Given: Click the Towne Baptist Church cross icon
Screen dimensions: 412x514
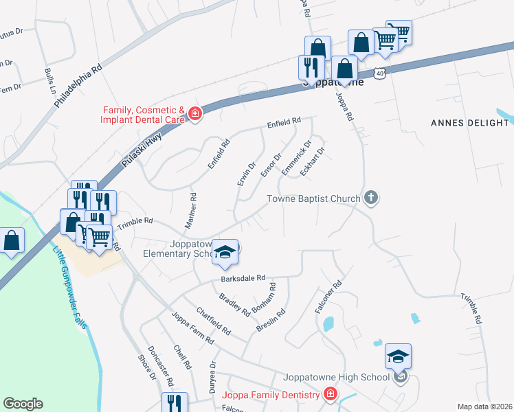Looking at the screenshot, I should click(371, 198).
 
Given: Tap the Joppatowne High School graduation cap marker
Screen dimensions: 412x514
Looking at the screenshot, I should click(398, 356).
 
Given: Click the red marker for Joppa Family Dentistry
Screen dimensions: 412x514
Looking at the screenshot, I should click(330, 394).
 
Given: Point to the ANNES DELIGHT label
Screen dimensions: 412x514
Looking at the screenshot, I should click(469, 123).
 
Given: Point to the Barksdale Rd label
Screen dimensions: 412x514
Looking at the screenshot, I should click(243, 278).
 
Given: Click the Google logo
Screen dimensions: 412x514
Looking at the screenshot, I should click(23, 403).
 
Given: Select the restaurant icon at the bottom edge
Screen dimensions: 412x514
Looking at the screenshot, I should click(174, 402).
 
